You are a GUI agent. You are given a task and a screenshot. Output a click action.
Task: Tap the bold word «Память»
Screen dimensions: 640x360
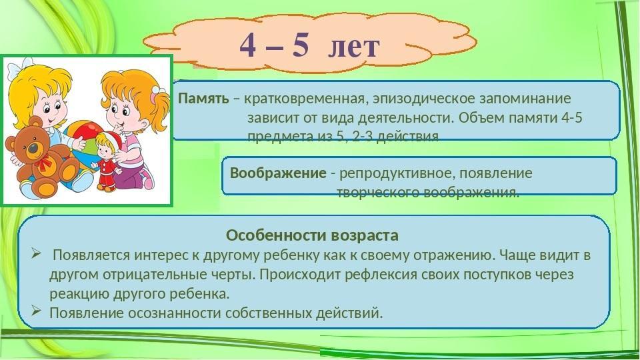click(x=204, y=99)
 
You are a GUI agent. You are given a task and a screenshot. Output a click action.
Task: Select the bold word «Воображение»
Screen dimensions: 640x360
click(x=279, y=173)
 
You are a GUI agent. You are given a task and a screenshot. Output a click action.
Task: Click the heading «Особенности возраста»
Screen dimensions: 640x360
click(x=312, y=235)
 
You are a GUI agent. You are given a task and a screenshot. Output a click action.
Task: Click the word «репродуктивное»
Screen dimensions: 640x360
click(x=396, y=174)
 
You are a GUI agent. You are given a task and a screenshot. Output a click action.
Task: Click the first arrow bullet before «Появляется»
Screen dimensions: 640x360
click(x=36, y=255)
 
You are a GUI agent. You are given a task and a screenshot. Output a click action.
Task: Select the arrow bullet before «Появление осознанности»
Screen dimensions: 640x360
click(x=36, y=311)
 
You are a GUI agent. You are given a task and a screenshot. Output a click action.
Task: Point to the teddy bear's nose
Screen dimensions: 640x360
click(x=33, y=147)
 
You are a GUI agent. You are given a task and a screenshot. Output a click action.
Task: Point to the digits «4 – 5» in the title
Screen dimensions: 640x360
click(x=274, y=45)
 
